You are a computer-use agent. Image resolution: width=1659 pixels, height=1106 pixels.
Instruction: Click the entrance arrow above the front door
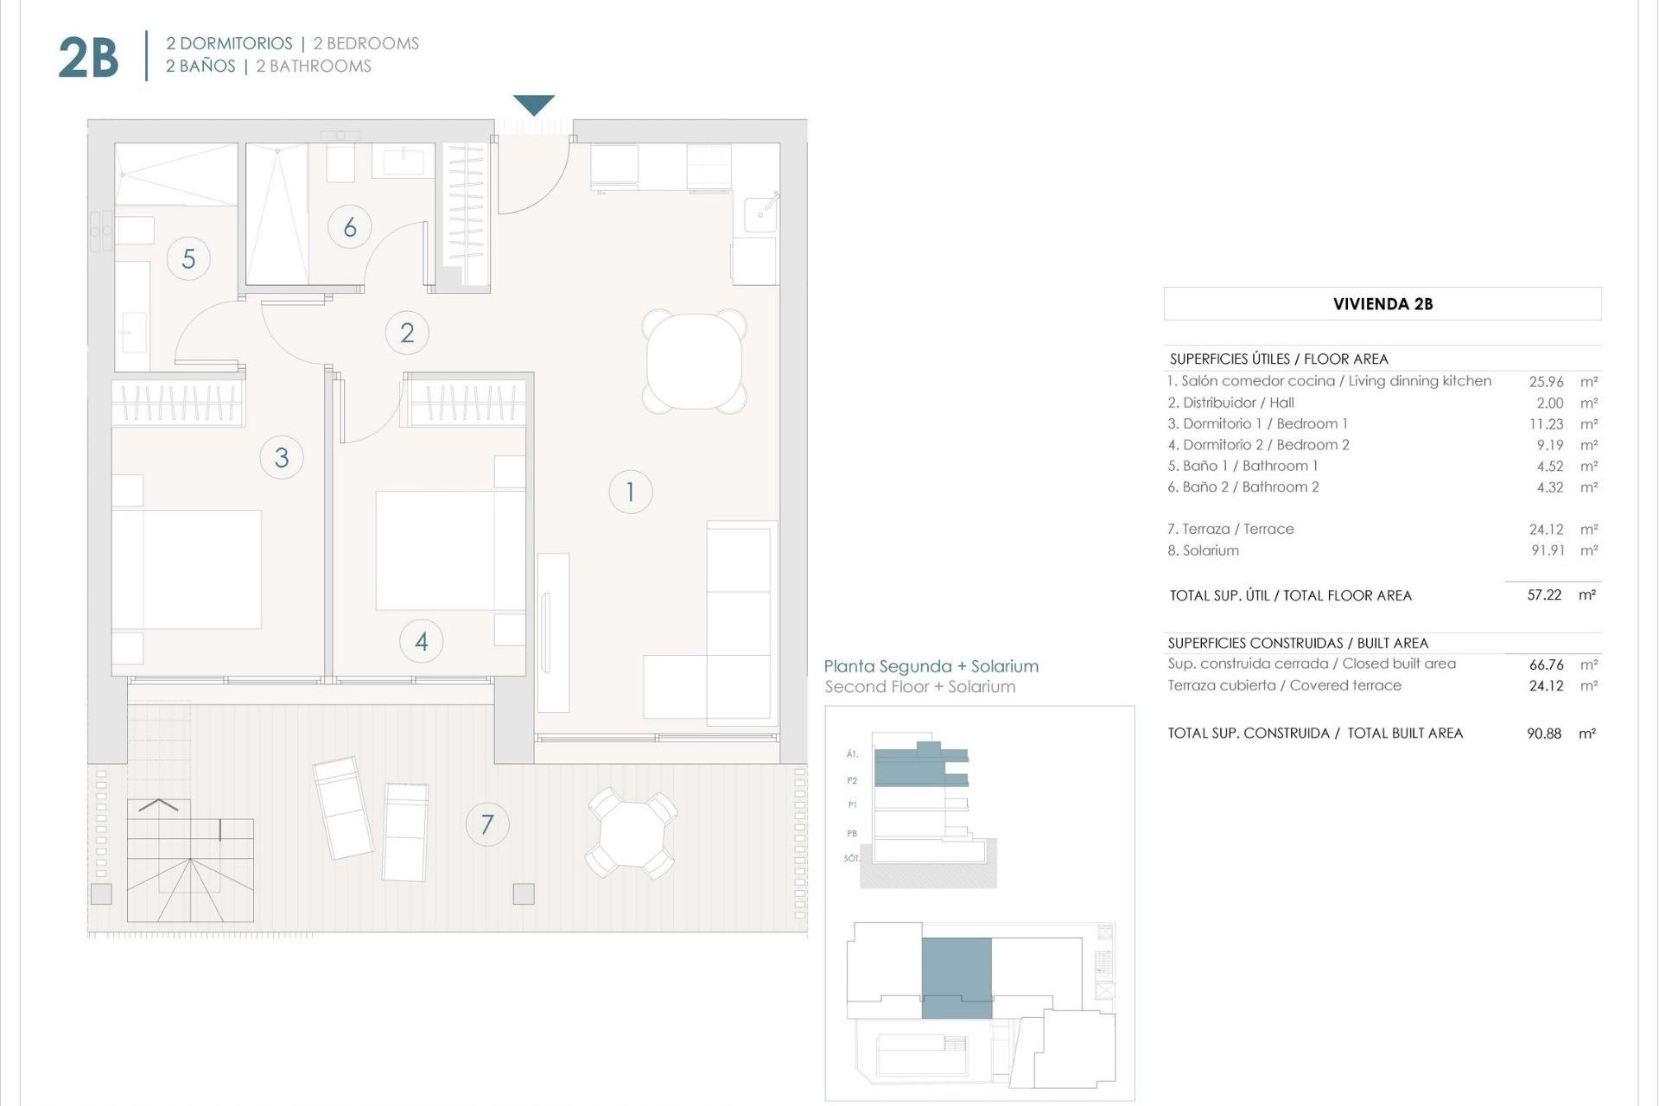(533, 105)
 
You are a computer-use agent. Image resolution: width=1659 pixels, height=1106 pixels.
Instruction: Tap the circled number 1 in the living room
(630, 492)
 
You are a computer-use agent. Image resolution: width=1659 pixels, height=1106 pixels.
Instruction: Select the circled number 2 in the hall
(407, 333)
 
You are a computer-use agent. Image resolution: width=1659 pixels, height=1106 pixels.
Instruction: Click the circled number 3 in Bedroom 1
(282, 457)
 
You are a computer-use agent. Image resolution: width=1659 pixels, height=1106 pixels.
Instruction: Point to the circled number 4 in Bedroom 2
(422, 641)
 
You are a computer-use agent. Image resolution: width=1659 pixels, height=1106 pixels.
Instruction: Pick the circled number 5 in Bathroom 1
(188, 258)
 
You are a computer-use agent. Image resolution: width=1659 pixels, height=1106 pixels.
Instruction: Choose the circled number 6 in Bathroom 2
(350, 227)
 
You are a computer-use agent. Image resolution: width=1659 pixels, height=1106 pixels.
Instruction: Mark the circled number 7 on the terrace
(487, 824)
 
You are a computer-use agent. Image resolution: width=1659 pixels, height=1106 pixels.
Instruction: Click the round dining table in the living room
(694, 361)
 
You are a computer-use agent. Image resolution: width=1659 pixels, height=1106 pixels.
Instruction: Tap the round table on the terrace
(632, 833)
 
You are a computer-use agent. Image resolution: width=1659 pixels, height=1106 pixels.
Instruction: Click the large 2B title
(88, 58)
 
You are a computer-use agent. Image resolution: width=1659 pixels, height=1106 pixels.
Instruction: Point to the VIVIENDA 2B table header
(1382, 304)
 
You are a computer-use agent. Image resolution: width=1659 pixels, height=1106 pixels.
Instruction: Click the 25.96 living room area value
(1546, 381)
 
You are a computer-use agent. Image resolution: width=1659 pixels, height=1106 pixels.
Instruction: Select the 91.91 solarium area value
(1548, 550)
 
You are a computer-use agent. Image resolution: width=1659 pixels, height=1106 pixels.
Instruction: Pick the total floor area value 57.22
(1544, 595)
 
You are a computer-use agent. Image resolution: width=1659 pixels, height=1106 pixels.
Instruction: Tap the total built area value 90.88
(1544, 734)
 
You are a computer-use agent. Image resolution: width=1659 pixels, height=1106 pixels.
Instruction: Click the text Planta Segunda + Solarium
(931, 666)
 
